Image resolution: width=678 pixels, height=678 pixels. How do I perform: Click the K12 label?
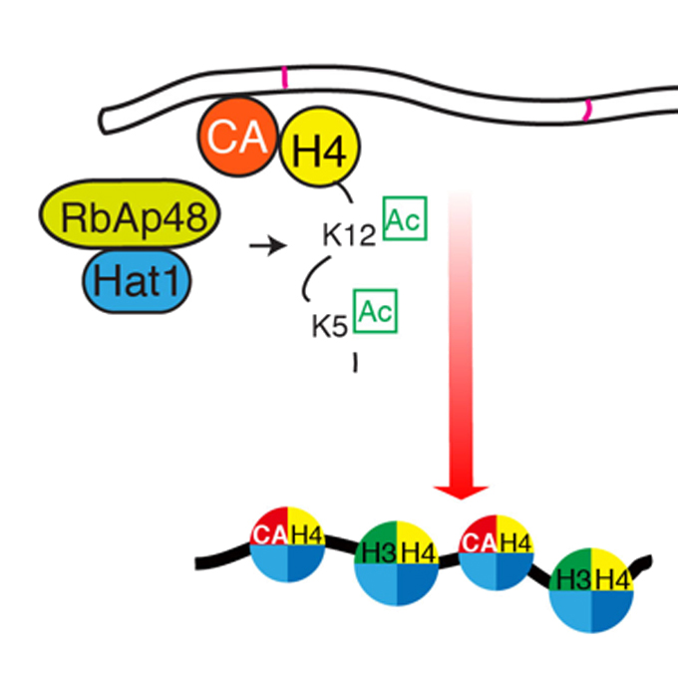348,235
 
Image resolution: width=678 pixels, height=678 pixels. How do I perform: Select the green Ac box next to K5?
376,311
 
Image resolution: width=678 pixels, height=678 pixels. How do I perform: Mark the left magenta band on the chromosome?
284,78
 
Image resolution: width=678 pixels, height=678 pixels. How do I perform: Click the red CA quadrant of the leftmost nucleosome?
266,535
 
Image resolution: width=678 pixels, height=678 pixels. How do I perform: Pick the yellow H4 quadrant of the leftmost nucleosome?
302,536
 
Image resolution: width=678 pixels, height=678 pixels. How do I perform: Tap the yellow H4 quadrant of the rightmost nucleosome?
611,575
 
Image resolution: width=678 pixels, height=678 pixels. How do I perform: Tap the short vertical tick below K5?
354,363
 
